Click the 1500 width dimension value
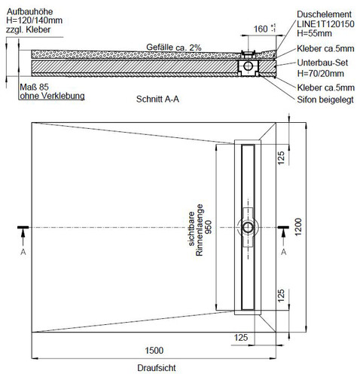tap(154, 350)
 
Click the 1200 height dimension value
tap(298, 227)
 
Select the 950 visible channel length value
tap(209, 227)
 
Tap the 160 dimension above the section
tap(261, 29)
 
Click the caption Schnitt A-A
tap(157, 99)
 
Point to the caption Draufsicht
tap(157, 368)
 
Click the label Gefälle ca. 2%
tap(174, 48)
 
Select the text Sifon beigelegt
tap(325, 100)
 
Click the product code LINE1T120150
tap(325, 24)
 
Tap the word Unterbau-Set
tap(322, 63)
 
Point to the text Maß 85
tap(34, 87)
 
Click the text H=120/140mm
tap(35, 20)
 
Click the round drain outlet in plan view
tap(248, 227)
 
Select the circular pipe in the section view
tap(249, 66)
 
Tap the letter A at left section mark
tap(23, 252)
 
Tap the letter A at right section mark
tap(283, 252)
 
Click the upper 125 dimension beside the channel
tap(281, 158)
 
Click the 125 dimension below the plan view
tap(241, 337)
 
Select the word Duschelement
tap(324, 14)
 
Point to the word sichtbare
tap(191, 229)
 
